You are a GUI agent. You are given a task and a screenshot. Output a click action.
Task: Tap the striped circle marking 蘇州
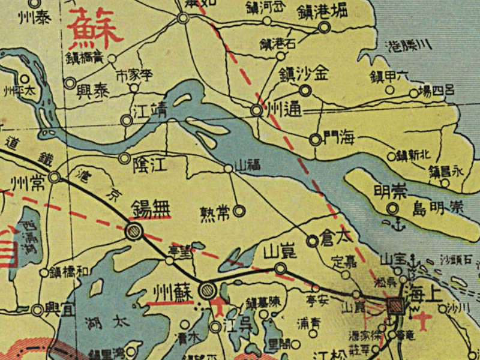pos(208,290)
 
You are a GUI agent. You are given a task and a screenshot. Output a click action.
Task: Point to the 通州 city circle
pos(257,110)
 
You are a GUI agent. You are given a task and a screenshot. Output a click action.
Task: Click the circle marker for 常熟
pos(238,211)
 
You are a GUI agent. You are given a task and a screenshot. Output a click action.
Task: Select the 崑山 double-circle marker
pos(280,268)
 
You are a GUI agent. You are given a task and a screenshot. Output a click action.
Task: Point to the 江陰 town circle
pos(124,158)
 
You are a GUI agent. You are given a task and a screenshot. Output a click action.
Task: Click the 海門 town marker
pos(315,140)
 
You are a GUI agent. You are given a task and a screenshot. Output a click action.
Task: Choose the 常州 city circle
pos(55,177)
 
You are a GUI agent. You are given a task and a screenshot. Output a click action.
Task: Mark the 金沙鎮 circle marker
pos(305,91)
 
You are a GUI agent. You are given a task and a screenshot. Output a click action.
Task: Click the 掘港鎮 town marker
pos(325,27)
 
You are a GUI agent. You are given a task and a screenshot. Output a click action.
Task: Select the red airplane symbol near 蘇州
pos(220,308)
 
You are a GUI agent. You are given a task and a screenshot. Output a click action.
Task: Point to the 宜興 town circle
pos(38,310)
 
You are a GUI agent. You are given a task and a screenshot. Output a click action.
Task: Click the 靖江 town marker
pos(127,120)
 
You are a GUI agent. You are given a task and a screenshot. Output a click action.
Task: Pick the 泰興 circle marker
pos(71,83)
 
